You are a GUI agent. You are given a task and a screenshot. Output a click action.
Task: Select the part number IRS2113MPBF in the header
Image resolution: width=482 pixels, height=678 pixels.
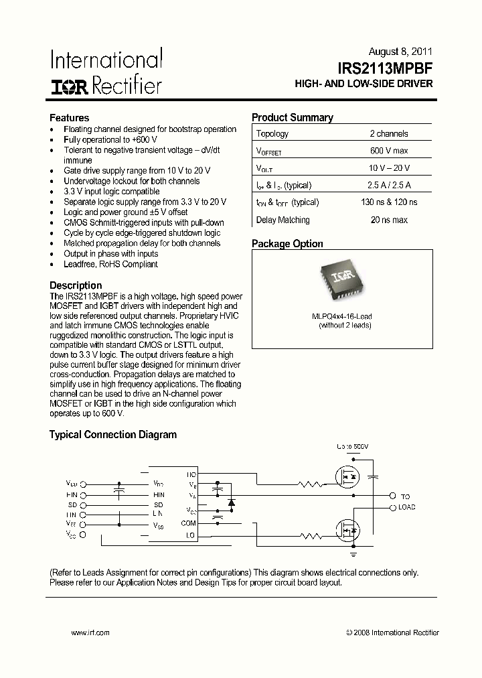tap(385, 68)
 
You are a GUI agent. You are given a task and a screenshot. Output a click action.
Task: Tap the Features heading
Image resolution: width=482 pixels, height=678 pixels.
tap(69, 117)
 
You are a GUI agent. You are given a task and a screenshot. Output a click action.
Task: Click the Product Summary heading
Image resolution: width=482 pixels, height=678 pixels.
tap(292, 117)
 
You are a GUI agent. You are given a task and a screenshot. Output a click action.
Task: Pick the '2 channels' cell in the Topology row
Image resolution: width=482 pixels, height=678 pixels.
tap(388, 133)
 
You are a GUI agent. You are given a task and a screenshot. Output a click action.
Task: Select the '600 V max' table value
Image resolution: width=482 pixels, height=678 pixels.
tap(388, 151)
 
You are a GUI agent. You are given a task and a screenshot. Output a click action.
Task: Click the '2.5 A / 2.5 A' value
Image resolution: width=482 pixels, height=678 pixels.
tap(388, 186)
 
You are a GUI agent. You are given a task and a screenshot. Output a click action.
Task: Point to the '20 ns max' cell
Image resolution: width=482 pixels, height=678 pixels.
tap(388, 220)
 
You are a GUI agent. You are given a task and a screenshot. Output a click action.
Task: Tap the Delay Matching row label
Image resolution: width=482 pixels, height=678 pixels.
tap(283, 220)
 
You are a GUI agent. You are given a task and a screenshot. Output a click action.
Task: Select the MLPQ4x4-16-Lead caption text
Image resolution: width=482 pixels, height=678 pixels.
tap(341, 316)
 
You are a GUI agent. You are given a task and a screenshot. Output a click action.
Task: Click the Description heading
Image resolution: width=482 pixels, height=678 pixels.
tap(76, 285)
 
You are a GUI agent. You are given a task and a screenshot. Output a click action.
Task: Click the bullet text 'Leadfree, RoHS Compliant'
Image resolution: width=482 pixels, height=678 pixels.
tap(110, 264)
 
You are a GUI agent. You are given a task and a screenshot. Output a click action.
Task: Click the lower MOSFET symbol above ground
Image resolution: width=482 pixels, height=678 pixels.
tap(348, 530)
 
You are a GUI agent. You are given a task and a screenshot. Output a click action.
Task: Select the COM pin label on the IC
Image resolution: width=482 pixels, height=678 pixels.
tap(188, 523)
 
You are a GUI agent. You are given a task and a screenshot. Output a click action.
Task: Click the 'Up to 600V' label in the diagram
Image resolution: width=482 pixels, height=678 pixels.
tap(353, 446)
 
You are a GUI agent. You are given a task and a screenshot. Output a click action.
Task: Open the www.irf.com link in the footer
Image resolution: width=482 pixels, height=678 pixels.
tap(90, 632)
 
